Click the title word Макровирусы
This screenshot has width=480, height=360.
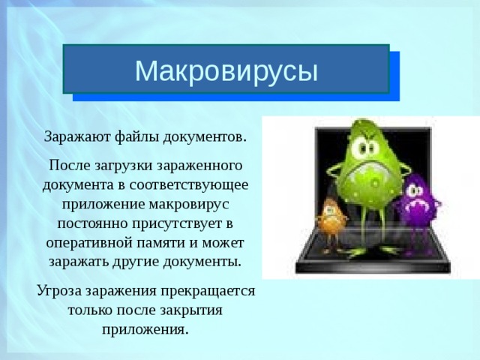(x=226, y=70)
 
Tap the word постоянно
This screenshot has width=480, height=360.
(x=90, y=223)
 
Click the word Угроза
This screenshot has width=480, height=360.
(x=61, y=290)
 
